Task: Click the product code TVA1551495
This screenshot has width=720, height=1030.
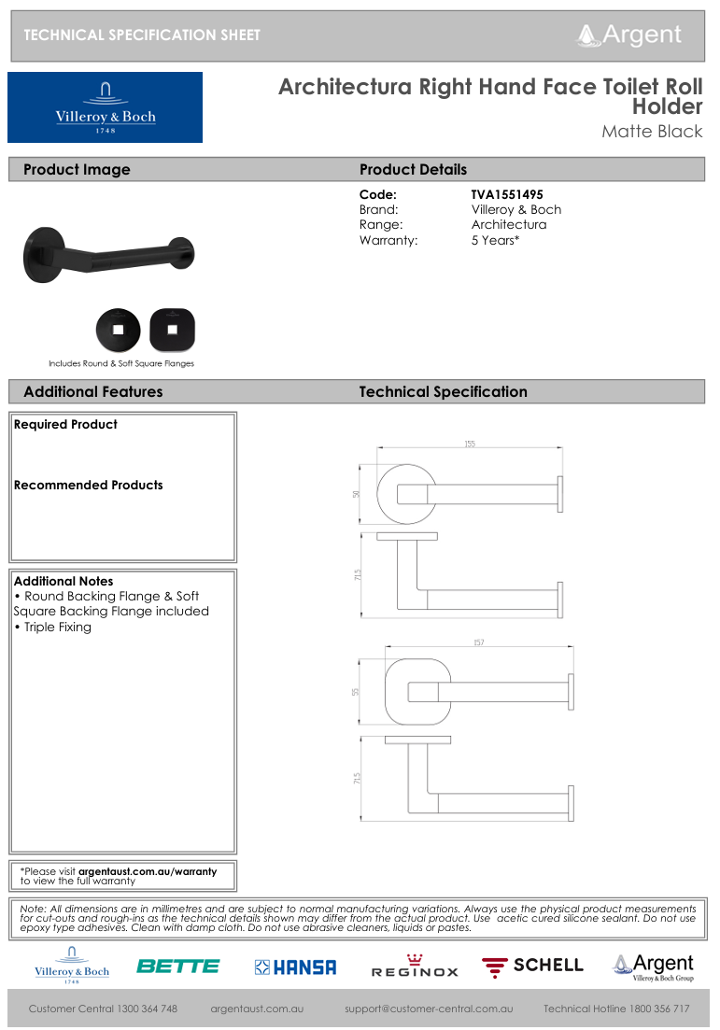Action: [x=507, y=195]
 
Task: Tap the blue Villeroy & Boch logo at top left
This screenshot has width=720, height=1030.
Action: [x=105, y=107]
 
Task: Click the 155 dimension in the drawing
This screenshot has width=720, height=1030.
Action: [x=470, y=444]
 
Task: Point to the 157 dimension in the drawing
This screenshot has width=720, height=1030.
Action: [x=478, y=643]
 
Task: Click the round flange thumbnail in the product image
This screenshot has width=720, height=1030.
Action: [x=118, y=330]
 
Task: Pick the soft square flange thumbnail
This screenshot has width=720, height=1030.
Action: [x=171, y=330]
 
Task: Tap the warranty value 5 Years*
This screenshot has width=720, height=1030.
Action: [x=495, y=240]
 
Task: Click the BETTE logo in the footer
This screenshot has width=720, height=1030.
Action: [x=177, y=967]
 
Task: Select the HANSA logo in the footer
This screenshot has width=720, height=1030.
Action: [x=295, y=967]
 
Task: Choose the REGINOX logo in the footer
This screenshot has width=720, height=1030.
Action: [x=415, y=967]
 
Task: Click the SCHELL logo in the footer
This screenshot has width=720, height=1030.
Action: [x=532, y=966]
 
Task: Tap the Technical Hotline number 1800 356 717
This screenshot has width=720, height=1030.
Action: [x=616, y=1009]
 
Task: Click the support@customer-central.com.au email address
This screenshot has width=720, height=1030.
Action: [x=429, y=1009]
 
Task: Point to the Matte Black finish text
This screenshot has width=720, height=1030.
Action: [x=652, y=132]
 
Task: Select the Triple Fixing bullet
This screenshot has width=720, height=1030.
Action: [x=57, y=628]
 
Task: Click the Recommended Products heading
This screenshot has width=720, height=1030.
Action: [x=88, y=486]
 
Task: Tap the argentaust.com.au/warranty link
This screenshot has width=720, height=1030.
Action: [x=147, y=871]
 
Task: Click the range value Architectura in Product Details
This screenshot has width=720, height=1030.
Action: [x=509, y=225]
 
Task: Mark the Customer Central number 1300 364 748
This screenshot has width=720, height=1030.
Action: [x=103, y=1009]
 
